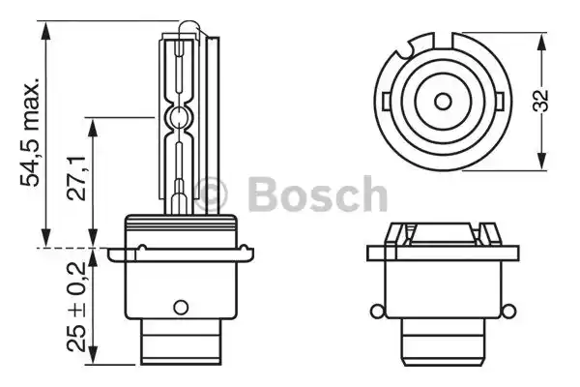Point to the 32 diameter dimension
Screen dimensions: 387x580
point(556,101)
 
